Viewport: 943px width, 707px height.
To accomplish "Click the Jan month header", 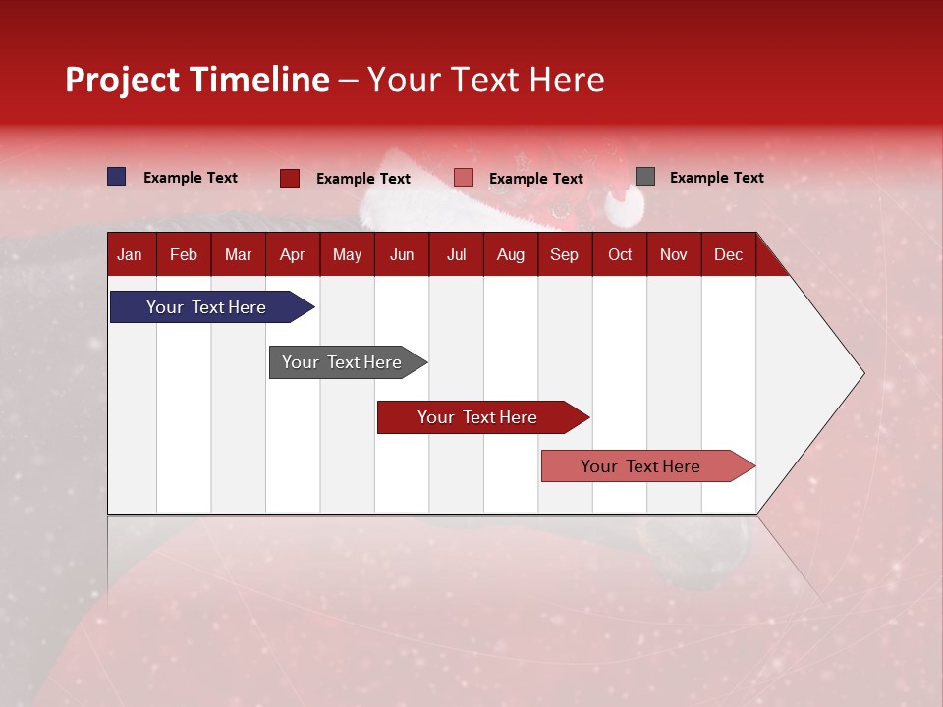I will [130, 254].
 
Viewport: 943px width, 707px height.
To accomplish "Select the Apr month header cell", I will [292, 254].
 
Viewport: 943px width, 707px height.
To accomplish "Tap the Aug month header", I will [510, 254].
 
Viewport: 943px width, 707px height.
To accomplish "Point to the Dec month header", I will [728, 254].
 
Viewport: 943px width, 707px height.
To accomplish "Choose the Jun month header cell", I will [401, 254].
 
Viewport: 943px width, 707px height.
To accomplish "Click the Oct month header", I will [619, 254].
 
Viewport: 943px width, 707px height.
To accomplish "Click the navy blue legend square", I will [117, 177].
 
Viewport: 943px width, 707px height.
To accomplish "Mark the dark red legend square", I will [290, 178].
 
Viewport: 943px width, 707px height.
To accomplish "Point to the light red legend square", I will [464, 178].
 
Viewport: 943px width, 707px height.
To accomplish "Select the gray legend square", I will [644, 177].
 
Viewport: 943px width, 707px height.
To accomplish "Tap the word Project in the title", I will [123, 80].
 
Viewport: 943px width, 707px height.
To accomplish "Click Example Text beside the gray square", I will [716, 178].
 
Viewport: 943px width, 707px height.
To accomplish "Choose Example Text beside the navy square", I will [191, 178].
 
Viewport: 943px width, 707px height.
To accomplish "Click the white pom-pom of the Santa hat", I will [625, 204].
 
